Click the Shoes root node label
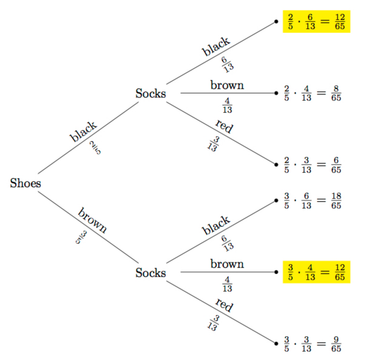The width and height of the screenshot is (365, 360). pos(25,183)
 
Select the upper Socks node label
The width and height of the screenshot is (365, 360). pos(151,93)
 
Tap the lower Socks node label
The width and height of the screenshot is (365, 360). pos(151,273)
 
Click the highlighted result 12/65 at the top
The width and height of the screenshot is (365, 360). pos(340,22)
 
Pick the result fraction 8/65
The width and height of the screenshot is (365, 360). pos(336,93)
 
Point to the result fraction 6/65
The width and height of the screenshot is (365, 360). pos(336,165)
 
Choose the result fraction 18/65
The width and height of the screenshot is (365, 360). pos(336,201)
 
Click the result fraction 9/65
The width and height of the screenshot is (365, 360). pos(336,344)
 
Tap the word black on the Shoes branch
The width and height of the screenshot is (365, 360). pos(83,132)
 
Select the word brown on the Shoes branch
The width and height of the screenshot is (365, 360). pos(92,220)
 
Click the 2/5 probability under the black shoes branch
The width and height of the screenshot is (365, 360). pos(95,148)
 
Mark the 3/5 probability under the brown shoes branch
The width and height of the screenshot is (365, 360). pos(81,237)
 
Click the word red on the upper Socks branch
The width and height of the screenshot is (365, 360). pos(224,126)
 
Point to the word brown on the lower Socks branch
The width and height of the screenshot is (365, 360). pos(227,264)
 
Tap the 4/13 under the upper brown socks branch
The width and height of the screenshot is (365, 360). pos(227,105)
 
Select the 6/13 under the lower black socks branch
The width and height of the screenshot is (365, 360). pos(227,243)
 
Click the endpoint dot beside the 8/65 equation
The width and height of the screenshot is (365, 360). pos(276,93)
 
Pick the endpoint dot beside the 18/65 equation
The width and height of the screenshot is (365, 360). pos(276,201)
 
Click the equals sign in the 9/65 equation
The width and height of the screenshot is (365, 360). pos(321,344)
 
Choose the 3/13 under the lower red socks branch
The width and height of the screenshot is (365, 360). pos(213,323)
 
